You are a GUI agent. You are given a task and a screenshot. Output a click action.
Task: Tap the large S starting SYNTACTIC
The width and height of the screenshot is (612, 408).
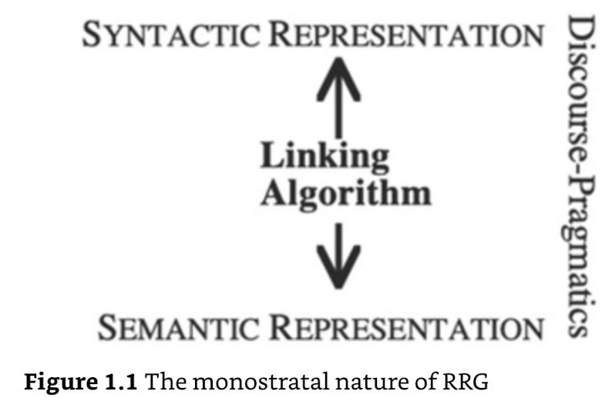tap(92, 35)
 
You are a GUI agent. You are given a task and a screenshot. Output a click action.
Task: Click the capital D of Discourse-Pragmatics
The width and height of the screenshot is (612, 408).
tap(580, 34)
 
